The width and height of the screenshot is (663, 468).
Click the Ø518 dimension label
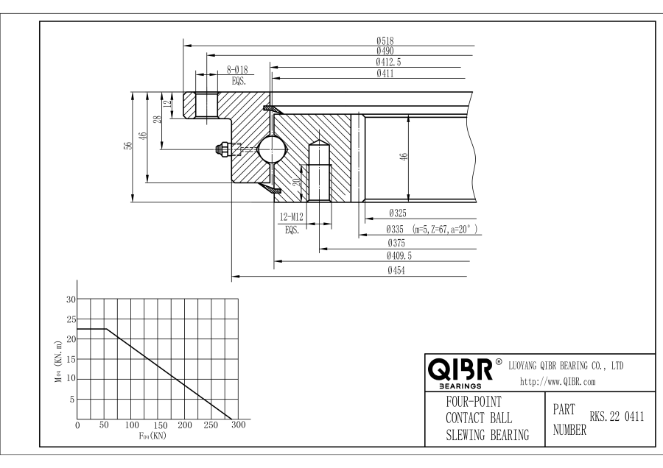(384, 40)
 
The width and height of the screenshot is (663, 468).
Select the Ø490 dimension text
(384, 51)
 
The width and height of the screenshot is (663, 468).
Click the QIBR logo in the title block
(458, 367)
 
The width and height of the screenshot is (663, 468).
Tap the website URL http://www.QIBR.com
(558, 381)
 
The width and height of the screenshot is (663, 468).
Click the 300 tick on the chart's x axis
(239, 425)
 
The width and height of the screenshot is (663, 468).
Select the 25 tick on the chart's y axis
(71, 319)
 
